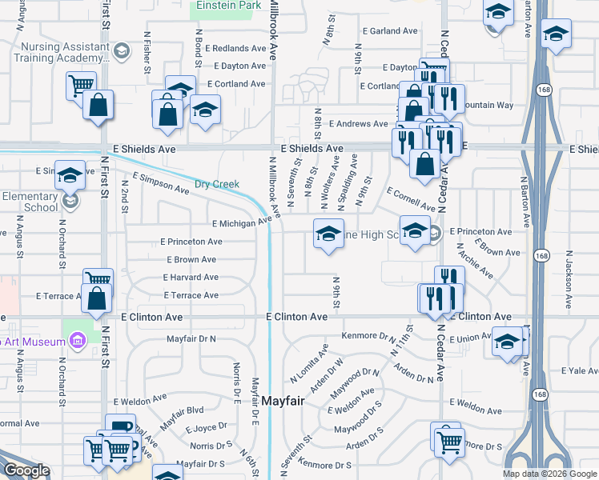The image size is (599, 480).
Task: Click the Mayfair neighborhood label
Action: (282, 401)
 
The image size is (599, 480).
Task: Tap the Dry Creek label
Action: (218, 184)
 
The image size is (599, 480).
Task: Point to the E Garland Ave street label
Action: (390, 31)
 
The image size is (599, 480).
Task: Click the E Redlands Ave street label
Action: (235, 48)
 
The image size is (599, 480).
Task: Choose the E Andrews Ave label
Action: (362, 124)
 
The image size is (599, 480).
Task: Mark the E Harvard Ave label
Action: (190, 278)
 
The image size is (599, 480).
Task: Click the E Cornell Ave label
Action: (411, 200)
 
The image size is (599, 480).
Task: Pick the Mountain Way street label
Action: (488, 105)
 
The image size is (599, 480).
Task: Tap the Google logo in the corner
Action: (26, 471)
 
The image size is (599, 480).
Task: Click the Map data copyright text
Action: (550, 474)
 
